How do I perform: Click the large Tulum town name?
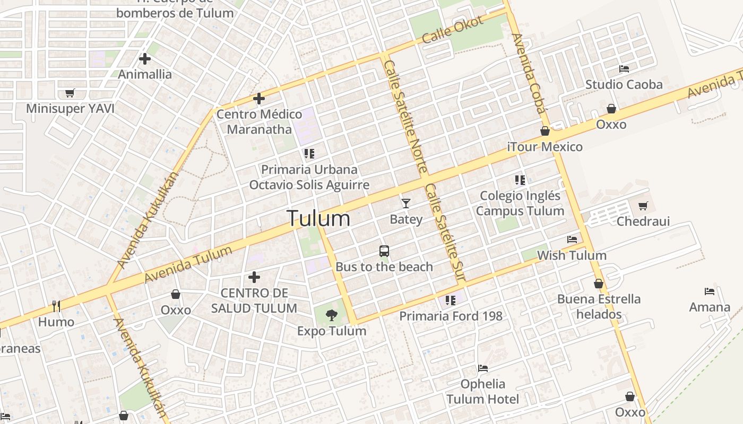(318, 218)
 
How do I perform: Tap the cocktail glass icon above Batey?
(406, 203)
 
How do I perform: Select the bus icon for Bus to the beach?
(384, 251)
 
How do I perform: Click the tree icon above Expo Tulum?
(332, 315)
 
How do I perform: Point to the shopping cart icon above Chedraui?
(643, 206)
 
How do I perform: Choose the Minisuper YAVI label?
(71, 109)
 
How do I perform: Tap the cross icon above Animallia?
(145, 59)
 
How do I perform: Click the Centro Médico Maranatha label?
(260, 122)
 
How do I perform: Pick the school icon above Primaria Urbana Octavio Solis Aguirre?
(309, 154)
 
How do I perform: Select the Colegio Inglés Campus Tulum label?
(520, 204)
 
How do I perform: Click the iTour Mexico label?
(545, 147)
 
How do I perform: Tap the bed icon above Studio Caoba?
(624, 69)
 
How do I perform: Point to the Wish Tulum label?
(572, 255)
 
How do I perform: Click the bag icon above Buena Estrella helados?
(599, 284)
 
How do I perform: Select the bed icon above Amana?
(710, 291)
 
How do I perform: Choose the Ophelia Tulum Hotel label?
(482, 391)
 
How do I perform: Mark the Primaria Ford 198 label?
(451, 316)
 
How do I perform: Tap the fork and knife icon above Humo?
(56, 306)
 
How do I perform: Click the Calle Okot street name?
(453, 30)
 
